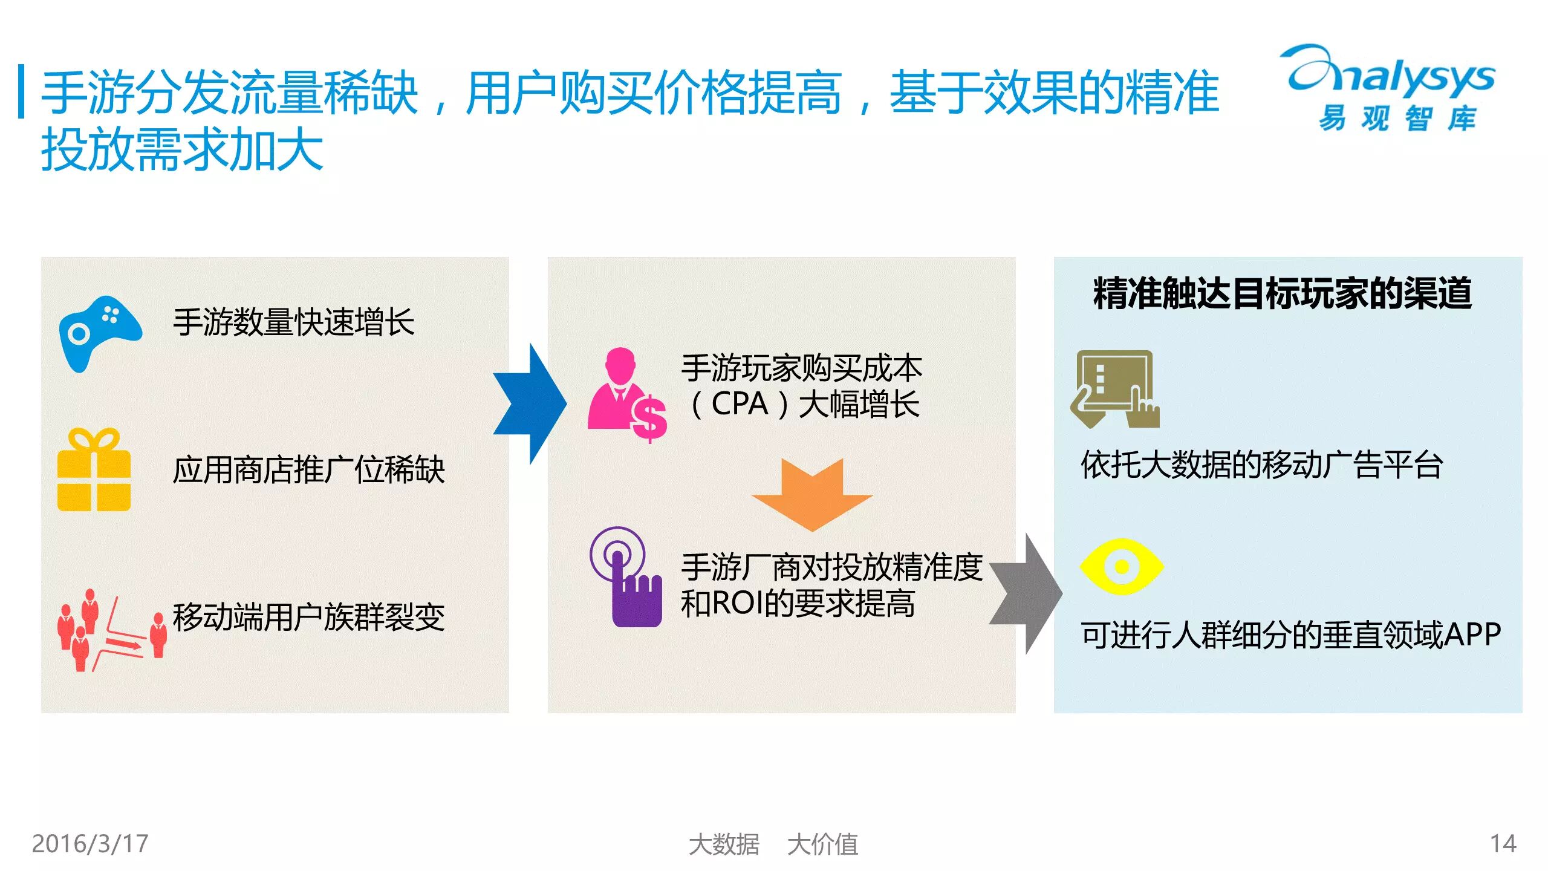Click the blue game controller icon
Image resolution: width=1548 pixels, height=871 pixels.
(x=100, y=333)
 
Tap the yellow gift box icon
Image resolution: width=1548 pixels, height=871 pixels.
(x=94, y=471)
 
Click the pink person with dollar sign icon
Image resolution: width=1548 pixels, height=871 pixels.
(x=626, y=394)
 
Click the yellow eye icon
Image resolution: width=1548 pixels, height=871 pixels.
(x=1121, y=567)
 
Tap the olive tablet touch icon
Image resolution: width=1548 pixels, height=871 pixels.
(x=1114, y=389)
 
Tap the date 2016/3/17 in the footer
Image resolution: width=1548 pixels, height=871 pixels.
(x=90, y=844)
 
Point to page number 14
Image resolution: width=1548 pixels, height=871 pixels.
(x=1503, y=844)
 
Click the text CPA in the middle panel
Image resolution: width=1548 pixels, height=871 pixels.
(x=739, y=404)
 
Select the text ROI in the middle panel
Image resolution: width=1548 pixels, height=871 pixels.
(x=738, y=603)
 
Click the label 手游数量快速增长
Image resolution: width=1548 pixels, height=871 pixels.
(x=294, y=322)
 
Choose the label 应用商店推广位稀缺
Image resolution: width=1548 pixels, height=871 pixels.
(x=308, y=470)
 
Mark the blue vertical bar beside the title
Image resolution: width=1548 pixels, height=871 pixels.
(x=22, y=91)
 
